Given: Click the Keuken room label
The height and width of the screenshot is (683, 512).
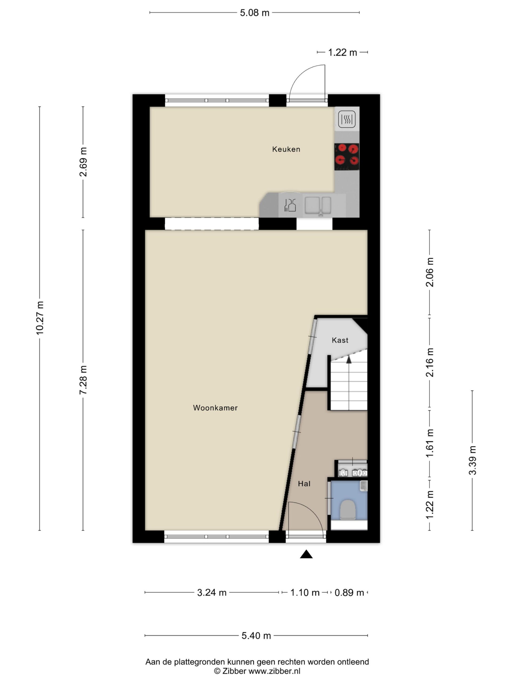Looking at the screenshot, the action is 286,149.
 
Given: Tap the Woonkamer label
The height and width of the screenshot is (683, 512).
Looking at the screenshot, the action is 215,408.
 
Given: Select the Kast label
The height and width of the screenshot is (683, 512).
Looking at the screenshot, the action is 340,340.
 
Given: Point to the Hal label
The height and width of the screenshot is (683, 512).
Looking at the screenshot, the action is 304,483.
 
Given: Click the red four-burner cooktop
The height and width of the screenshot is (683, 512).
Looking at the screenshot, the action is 347,157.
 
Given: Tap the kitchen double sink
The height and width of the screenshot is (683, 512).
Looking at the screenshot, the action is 318,205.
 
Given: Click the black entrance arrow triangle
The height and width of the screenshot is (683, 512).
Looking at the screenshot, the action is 306,554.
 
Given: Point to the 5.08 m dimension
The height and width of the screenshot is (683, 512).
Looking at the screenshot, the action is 255,13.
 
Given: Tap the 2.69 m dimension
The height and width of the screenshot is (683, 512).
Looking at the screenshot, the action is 83,162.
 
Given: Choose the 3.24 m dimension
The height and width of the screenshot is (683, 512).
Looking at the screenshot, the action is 212,593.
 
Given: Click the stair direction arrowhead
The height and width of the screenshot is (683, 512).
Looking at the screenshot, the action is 349,359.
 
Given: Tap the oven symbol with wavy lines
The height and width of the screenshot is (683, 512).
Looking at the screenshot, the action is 347,119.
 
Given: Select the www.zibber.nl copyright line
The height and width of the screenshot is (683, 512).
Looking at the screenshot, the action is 257,671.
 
